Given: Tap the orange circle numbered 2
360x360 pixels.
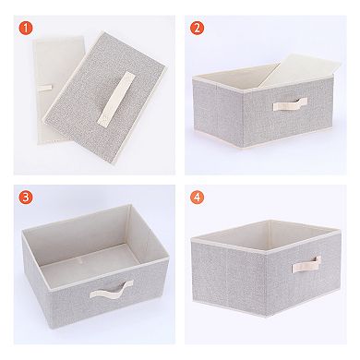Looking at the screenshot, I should (197, 28).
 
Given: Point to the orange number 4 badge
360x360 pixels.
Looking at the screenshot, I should (198, 197).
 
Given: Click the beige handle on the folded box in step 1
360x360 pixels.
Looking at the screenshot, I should (117, 97).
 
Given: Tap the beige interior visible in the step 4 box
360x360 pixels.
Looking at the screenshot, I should (249, 235).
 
